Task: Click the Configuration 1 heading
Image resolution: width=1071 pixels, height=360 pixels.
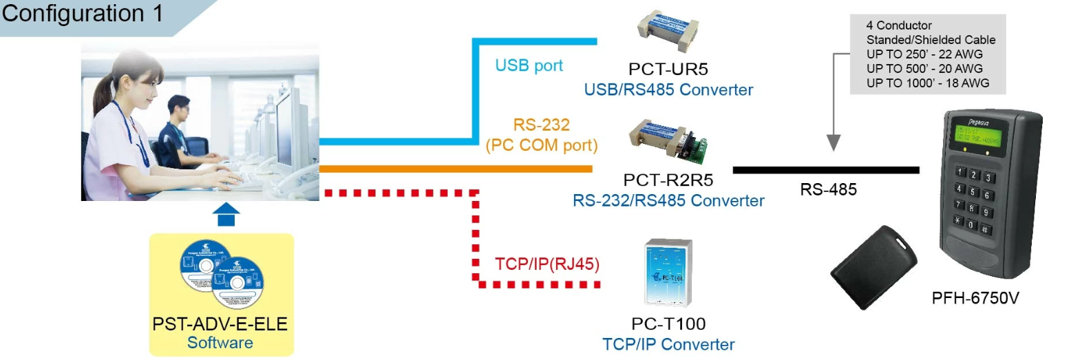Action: click(x=83, y=13)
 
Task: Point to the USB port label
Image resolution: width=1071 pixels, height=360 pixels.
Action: click(x=529, y=65)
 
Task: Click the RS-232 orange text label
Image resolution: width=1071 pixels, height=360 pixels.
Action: click(x=541, y=126)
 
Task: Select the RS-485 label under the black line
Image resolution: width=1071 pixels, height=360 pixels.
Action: click(x=828, y=190)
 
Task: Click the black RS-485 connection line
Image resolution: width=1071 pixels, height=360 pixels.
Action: click(x=825, y=169)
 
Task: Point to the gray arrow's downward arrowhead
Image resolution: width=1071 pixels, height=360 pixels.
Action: click(x=834, y=145)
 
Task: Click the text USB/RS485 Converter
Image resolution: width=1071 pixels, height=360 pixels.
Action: click(x=668, y=90)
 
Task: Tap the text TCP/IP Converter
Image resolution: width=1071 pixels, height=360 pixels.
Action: click(x=668, y=344)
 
